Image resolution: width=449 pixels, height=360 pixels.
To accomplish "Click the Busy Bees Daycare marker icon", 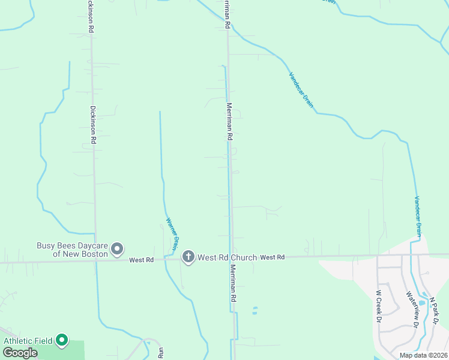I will tap(118, 248).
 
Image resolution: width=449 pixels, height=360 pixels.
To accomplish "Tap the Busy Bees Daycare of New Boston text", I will tap(72, 249).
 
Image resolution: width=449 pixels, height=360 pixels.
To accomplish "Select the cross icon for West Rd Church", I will tap(188, 257).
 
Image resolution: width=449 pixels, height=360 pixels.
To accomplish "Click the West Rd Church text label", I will tap(228, 257).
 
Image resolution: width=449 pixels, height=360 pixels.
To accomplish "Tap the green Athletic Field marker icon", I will tap(62, 341).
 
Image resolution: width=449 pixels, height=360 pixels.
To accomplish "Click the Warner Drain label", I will tap(172, 233).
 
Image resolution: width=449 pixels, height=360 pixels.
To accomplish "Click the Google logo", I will tap(20, 353).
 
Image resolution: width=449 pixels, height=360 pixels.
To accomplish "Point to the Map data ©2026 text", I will tap(423, 355).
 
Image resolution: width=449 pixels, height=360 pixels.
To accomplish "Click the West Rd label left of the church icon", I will tap(142, 260).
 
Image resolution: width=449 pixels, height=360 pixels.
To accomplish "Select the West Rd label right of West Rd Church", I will tap(273, 257).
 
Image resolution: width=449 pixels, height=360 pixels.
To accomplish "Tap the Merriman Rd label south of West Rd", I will tap(232, 284).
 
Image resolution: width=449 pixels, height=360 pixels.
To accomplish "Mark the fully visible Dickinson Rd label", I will tap(93, 125).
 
